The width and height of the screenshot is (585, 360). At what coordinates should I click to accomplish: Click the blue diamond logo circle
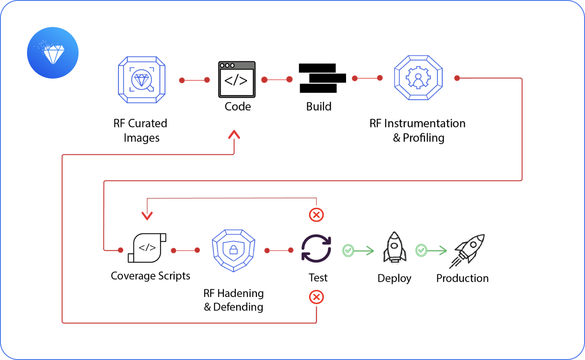tap(53, 53)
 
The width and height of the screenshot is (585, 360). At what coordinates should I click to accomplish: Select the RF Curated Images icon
tap(142, 80)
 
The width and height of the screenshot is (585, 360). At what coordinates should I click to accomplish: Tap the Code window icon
tap(237, 79)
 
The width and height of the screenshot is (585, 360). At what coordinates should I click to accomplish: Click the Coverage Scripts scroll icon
tap(147, 248)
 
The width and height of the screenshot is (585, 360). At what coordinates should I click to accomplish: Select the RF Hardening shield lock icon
tap(233, 249)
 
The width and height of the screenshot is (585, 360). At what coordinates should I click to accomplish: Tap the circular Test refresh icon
tap(316, 248)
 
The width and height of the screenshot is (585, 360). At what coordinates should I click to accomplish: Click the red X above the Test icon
tap(316, 215)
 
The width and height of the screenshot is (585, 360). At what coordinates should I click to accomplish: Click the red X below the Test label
tap(316, 297)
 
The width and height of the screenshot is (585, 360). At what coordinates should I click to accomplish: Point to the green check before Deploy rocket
tap(347, 250)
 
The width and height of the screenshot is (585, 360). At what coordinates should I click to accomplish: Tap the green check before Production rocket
tap(421, 250)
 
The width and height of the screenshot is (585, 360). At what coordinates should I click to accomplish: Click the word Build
tap(319, 107)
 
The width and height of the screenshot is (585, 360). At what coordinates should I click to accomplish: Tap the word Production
tap(462, 278)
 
